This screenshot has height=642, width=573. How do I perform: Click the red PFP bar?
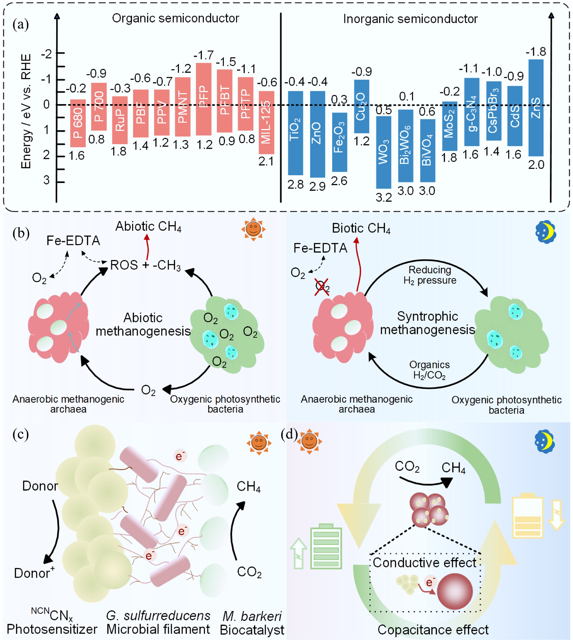pos(203,99)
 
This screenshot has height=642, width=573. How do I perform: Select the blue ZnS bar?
pos(536,108)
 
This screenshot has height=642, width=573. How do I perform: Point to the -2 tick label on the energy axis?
pos(46,54)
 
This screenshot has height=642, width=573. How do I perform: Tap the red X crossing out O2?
pos(322,287)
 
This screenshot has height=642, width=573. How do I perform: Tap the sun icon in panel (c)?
pos(259,443)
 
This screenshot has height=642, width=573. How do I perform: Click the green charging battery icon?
pos(326,546)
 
